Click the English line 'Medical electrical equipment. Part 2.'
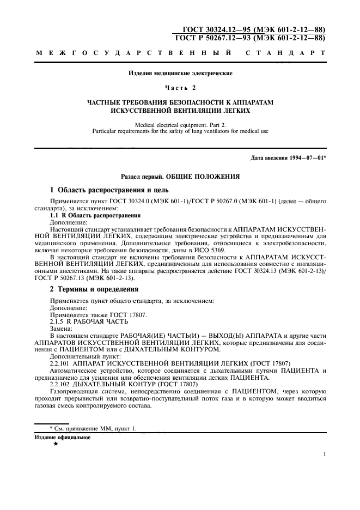pos(180,125)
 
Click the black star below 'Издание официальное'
pos(56,445)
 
